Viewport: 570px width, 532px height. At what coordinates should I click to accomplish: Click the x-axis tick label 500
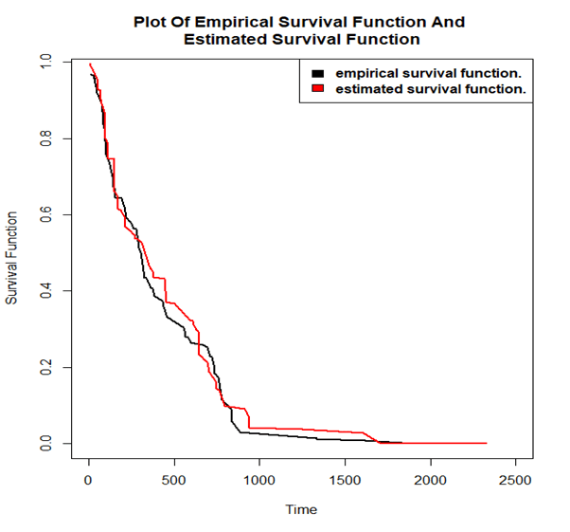pos(174,481)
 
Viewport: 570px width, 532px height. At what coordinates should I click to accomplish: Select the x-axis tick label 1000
pos(259,481)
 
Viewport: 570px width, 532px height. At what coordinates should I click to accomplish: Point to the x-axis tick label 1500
pos(345,481)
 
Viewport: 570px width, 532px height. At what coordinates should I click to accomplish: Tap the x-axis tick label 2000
pos(430,481)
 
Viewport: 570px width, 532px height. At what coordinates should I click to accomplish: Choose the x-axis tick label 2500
pos(515,481)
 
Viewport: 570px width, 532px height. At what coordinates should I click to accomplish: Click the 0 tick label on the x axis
pos(89,481)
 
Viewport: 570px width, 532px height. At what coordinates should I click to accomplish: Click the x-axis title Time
pos(301,509)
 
